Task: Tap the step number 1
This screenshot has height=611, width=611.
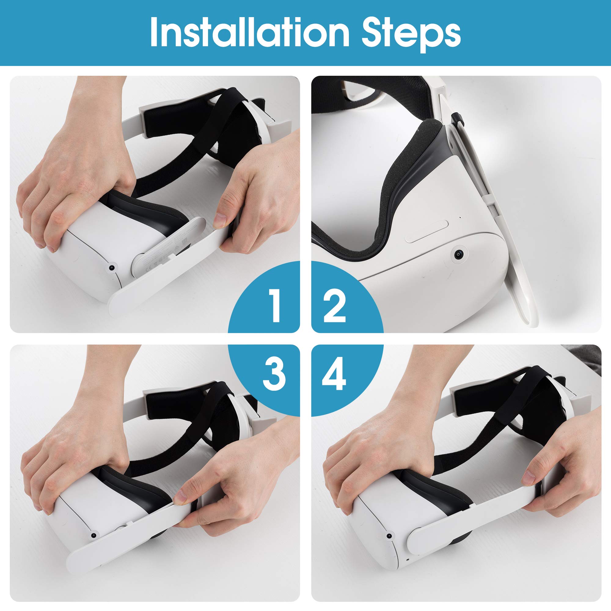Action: coord(275,306)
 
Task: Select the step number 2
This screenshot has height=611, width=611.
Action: coord(335,306)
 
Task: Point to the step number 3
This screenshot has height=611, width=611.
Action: coord(275,375)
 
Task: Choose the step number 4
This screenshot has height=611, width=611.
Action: coord(334,375)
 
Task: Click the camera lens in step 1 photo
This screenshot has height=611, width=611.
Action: coord(111,268)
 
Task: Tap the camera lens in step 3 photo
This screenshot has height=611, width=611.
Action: coord(93,527)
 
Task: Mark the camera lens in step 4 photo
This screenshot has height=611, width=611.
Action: coord(390,528)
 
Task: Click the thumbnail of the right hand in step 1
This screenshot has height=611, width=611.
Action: coord(221,220)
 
